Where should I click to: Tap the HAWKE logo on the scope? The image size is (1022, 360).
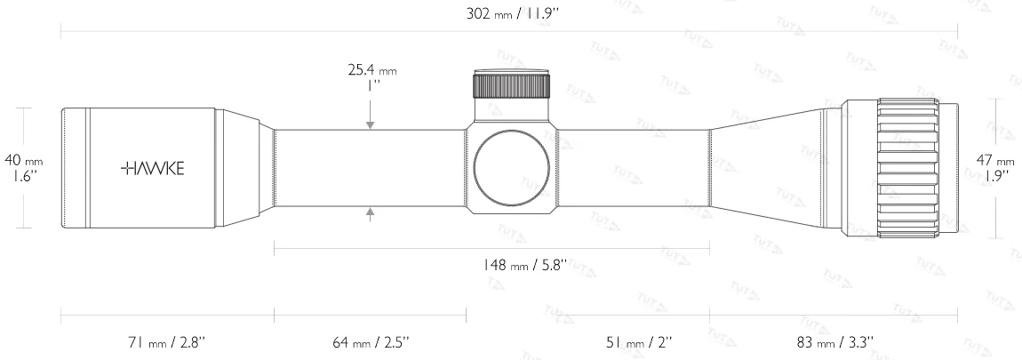[153, 167]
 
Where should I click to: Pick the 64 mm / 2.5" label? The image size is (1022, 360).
[371, 341]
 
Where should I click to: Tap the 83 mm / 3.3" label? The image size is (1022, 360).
[835, 341]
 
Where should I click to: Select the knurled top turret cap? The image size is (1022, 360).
[511, 85]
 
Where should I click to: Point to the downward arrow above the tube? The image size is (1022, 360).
[370, 124]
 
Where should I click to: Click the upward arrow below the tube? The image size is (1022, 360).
[370, 211]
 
